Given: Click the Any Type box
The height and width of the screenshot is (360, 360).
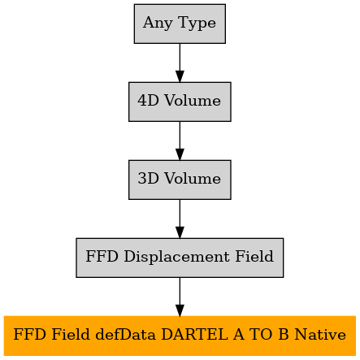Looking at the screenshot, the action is pos(180,24).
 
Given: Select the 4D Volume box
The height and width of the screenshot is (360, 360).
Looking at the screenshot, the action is pos(180,102).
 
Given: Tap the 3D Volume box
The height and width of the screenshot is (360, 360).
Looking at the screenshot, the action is pos(180,180).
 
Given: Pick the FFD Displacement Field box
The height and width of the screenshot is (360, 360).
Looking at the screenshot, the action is pos(180,258).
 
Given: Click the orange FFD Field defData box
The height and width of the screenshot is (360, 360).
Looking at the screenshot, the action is pos(180,336).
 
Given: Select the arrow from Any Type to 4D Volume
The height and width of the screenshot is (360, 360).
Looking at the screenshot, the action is pos(180,63).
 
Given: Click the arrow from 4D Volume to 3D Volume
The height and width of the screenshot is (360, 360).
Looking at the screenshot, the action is pos(180,141).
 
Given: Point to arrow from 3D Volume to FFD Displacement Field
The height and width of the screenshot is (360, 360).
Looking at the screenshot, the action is pos(180,219).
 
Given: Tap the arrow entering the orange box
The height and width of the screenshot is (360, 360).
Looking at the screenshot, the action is pos(180,297).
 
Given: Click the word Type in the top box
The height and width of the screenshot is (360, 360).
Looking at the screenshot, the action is pos(197,24).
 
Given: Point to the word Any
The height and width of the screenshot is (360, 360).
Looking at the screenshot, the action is pos(158,24).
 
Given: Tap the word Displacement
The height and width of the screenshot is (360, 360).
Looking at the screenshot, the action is pos(176,257).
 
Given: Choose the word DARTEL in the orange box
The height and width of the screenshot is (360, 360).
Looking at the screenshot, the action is pos(194,334).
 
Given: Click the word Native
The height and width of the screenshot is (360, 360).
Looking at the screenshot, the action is pos(320,334).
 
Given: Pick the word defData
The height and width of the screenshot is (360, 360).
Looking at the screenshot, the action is pos(126,334).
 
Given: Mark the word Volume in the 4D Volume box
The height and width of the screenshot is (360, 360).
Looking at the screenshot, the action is pos(193,101).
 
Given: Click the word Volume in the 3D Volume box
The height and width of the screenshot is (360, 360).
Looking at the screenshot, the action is pos(193,179).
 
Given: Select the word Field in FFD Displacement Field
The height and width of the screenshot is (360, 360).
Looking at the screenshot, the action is pos(254,256).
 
